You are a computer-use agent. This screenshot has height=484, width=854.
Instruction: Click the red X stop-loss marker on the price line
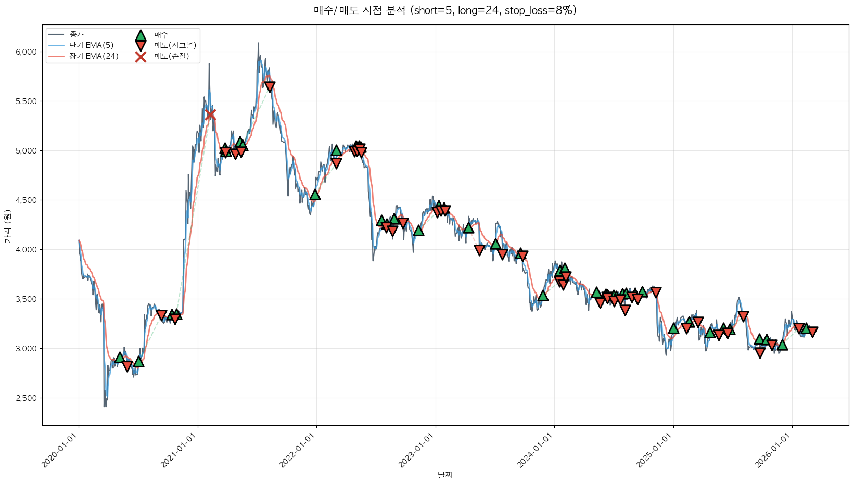210,114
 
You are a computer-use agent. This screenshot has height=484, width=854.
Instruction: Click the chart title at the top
445,10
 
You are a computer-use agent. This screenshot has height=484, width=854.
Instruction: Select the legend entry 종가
77,35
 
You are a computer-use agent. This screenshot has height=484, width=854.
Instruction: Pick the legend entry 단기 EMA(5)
91,45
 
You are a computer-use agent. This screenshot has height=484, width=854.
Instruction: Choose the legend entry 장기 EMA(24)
94,56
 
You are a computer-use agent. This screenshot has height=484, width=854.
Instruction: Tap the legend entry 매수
161,35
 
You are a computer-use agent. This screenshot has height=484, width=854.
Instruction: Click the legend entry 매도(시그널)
175,45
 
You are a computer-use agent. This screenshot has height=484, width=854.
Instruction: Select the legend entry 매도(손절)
171,56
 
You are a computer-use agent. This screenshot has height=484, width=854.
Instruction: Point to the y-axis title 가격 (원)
7,226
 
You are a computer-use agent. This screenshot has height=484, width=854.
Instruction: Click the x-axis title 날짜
445,475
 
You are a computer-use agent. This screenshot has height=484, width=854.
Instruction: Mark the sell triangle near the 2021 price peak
269,86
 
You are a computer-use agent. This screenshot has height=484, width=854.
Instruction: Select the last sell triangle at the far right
812,332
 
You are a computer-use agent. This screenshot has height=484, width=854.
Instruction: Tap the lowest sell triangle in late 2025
760,353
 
